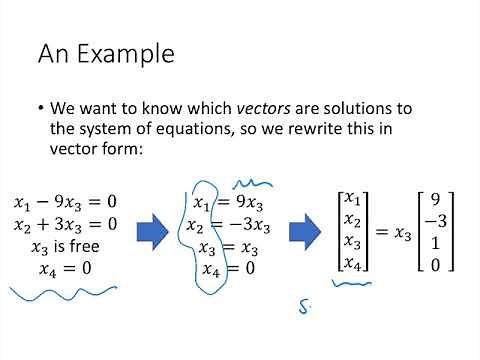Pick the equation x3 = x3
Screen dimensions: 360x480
click(230, 246)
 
